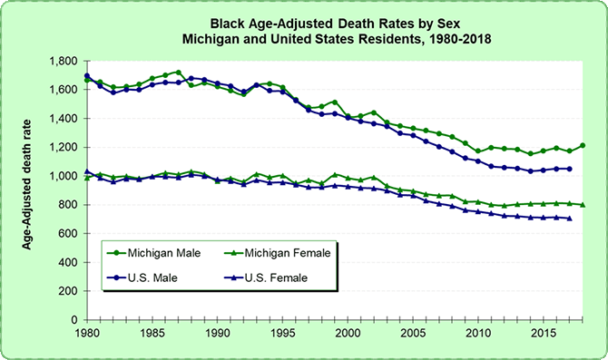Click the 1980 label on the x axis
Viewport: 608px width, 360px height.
point(87,334)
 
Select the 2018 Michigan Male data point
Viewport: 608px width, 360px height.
point(583,145)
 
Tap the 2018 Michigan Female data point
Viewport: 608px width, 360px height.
point(583,205)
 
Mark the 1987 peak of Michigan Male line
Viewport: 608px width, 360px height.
point(178,73)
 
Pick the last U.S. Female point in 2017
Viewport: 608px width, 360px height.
point(570,219)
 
